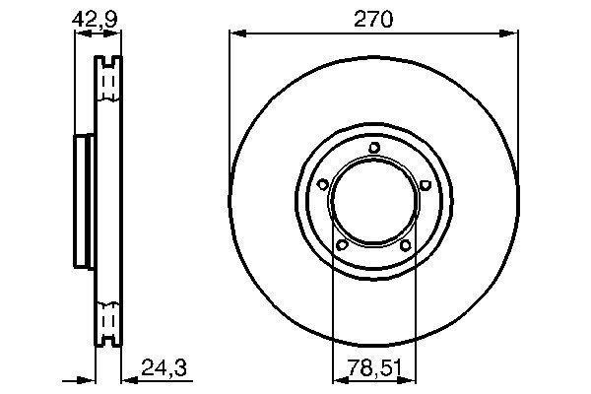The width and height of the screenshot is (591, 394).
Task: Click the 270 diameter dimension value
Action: click(373, 20)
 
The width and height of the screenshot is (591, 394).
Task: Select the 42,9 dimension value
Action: click(95, 20)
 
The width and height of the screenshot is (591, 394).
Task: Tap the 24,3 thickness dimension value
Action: click(164, 367)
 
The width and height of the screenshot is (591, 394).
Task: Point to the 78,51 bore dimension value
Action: click(374, 368)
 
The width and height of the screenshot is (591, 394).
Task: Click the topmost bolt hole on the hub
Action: click(374, 147)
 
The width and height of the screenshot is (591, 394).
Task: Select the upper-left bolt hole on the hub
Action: click(323, 185)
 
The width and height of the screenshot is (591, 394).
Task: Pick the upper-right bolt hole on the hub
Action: click(425, 185)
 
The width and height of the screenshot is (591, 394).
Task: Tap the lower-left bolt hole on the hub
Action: click(342, 245)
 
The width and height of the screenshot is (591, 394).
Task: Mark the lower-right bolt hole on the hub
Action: click(405, 246)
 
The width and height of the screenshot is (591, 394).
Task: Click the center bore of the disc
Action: click(374, 201)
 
